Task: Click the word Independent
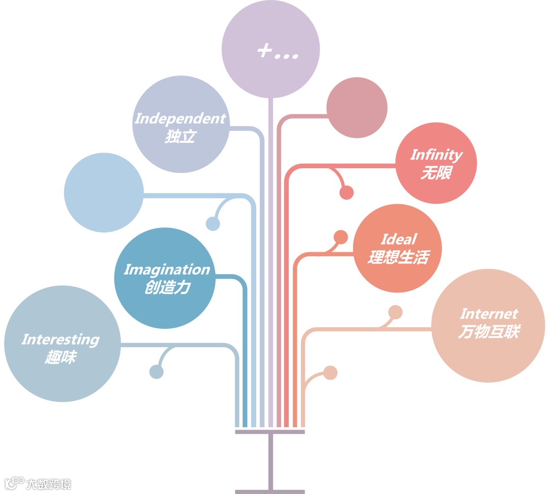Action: pos(180,119)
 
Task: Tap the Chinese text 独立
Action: pos(180,137)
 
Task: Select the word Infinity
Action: pos(436,155)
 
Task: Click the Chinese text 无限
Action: pos(436,173)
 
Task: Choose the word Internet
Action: pos(489,314)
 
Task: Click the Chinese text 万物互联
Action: pos(489,332)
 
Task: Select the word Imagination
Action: pos(166,270)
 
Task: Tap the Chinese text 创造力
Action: pos(167,288)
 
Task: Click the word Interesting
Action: pos(60,339)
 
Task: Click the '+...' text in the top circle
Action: pos(277,52)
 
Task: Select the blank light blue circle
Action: pos(104,193)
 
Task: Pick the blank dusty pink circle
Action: pos(357,107)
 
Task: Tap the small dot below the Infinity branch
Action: pos(347,193)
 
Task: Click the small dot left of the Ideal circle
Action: pos(341,237)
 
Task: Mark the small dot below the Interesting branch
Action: pos(156,372)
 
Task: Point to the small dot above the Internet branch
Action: pos(395,312)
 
